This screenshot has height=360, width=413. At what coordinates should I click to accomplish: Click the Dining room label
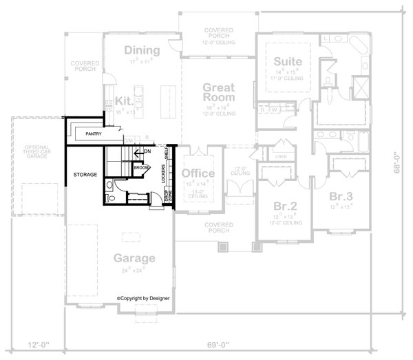(142, 50)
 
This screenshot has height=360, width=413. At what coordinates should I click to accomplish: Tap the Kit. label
(123, 100)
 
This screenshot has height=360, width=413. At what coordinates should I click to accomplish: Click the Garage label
(134, 258)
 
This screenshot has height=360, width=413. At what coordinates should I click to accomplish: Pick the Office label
(198, 173)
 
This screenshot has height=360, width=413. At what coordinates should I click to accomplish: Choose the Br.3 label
(342, 195)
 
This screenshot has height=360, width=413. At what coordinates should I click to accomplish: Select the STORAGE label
(85, 175)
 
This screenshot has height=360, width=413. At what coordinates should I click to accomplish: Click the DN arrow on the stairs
(145, 151)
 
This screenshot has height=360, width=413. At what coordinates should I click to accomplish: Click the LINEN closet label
(282, 156)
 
